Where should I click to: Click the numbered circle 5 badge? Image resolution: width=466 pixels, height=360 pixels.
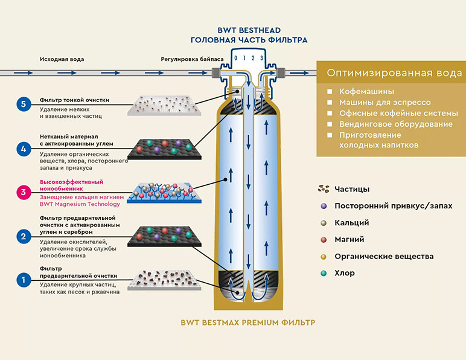pos(24,104)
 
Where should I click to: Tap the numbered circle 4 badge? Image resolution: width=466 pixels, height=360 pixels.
pos(24,149)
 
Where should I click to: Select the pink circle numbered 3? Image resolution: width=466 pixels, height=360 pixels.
pos(24,192)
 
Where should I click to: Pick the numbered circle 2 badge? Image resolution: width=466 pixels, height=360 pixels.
pos(24,236)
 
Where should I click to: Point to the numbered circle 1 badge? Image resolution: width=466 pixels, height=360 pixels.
pos(24,280)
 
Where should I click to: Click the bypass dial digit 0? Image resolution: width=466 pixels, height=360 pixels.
pos(235,58)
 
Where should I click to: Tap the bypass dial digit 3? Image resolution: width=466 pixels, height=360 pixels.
pos(261,58)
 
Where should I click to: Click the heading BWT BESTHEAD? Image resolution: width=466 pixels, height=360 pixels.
pos(249,30)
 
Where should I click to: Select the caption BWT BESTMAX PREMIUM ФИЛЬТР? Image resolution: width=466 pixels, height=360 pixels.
pos(248,323)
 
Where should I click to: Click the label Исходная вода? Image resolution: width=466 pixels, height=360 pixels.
pos(62,59)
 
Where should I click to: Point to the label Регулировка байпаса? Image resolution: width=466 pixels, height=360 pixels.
pos(192,59)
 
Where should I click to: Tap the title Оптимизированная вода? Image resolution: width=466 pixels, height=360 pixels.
pos(394,73)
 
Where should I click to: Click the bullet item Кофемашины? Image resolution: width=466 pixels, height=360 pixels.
pos(367,92)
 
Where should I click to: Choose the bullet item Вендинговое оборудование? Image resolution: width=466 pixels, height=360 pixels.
pos(396,124)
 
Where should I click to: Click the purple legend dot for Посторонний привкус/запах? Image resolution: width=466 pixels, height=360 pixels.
pos(324,206)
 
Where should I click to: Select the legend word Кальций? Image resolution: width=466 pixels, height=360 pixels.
pos(352,223)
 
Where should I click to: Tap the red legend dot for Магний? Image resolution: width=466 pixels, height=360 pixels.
pos(324,240)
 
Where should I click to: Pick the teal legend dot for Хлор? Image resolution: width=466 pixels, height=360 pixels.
pos(324,273)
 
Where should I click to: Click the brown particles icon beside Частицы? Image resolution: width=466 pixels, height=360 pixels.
pos(324,189)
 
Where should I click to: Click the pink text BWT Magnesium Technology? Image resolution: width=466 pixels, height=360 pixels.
pos(80,204)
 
